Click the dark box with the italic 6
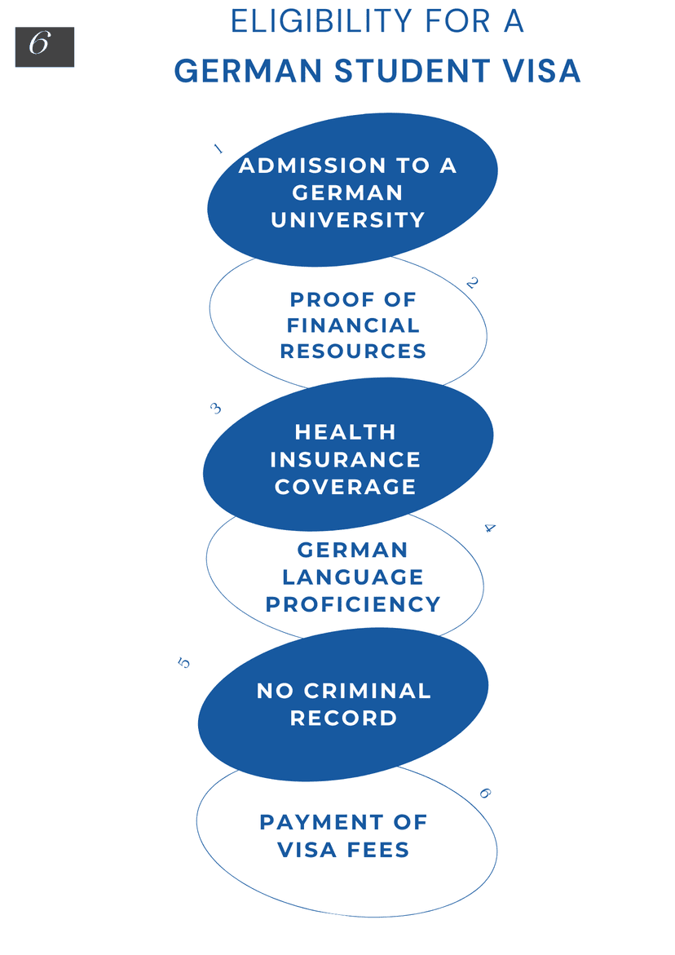pos(45,47)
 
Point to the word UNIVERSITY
pos(348,220)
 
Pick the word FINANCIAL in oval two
pos(353,325)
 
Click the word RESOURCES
pos(353,351)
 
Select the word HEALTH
pos(346,432)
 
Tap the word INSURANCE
pos(345,460)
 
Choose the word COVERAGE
pos(345,487)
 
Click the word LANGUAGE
pos(353,577)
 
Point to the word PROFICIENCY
pos(353,604)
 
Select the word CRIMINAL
pos(368,691)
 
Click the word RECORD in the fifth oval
pos(344,718)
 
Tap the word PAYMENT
pos(320,822)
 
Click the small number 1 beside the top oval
pos(218,148)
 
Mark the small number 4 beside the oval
pos(490,528)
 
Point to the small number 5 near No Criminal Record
pos(183,663)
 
